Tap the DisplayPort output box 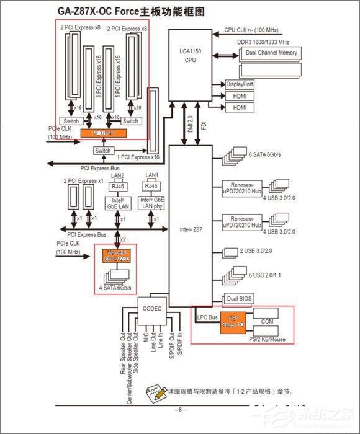point(240,84)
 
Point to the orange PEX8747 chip point(103,133)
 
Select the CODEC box point(152,308)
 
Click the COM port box point(268,322)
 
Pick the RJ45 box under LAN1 point(151,185)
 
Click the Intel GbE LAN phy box point(151,203)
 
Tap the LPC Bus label point(206,317)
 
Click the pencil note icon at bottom point(153,392)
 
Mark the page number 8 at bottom point(179,409)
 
